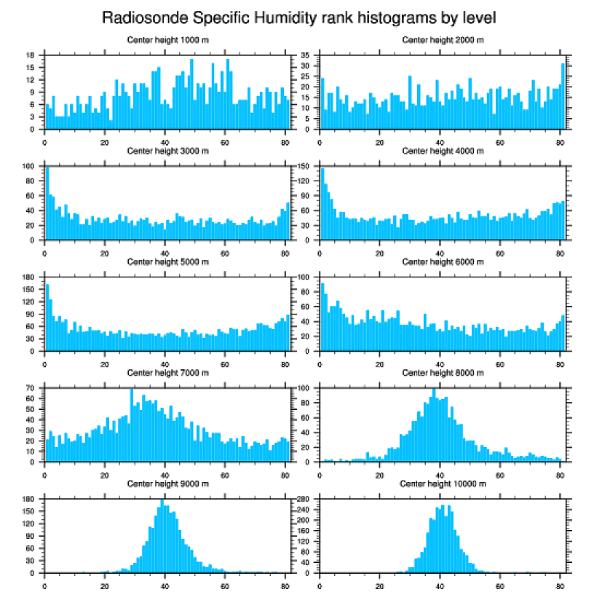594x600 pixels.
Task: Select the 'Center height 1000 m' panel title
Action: coord(168,39)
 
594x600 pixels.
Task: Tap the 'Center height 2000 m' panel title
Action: coord(443,39)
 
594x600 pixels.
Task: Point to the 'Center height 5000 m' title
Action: coord(168,261)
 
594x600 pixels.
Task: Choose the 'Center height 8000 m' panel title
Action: coord(443,373)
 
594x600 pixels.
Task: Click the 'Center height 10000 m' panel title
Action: coord(443,483)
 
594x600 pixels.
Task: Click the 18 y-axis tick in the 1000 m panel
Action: coord(31,55)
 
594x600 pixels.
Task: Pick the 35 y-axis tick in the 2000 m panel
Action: coord(306,55)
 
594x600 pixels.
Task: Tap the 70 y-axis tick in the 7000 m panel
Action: coord(31,389)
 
